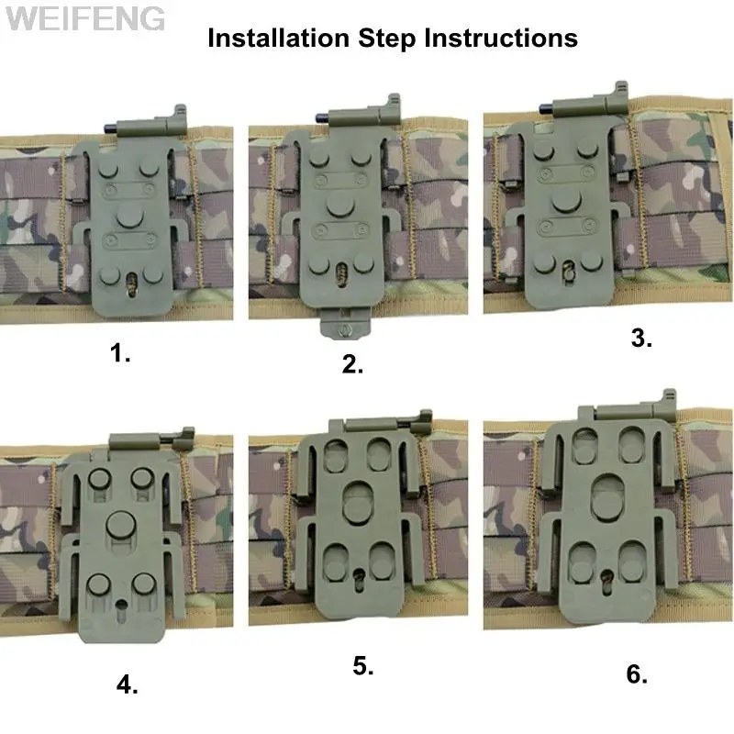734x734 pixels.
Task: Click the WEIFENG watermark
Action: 85,18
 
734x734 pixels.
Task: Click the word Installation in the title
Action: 279,38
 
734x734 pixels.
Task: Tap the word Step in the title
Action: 386,39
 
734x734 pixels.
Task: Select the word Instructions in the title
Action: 501,38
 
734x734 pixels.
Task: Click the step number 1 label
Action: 120,352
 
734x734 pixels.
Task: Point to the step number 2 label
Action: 352,363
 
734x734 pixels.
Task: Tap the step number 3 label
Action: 640,338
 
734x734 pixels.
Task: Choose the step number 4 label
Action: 127,685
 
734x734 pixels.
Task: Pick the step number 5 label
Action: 362,666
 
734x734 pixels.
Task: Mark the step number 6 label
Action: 637,674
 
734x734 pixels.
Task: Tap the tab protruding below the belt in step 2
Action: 346,324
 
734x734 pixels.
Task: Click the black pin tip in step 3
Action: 545,109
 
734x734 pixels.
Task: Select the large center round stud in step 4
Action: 121,524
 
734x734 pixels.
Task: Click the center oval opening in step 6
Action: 607,497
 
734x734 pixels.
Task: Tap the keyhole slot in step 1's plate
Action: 132,284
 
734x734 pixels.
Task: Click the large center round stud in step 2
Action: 340,204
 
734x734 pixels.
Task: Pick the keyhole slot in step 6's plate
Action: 606,582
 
